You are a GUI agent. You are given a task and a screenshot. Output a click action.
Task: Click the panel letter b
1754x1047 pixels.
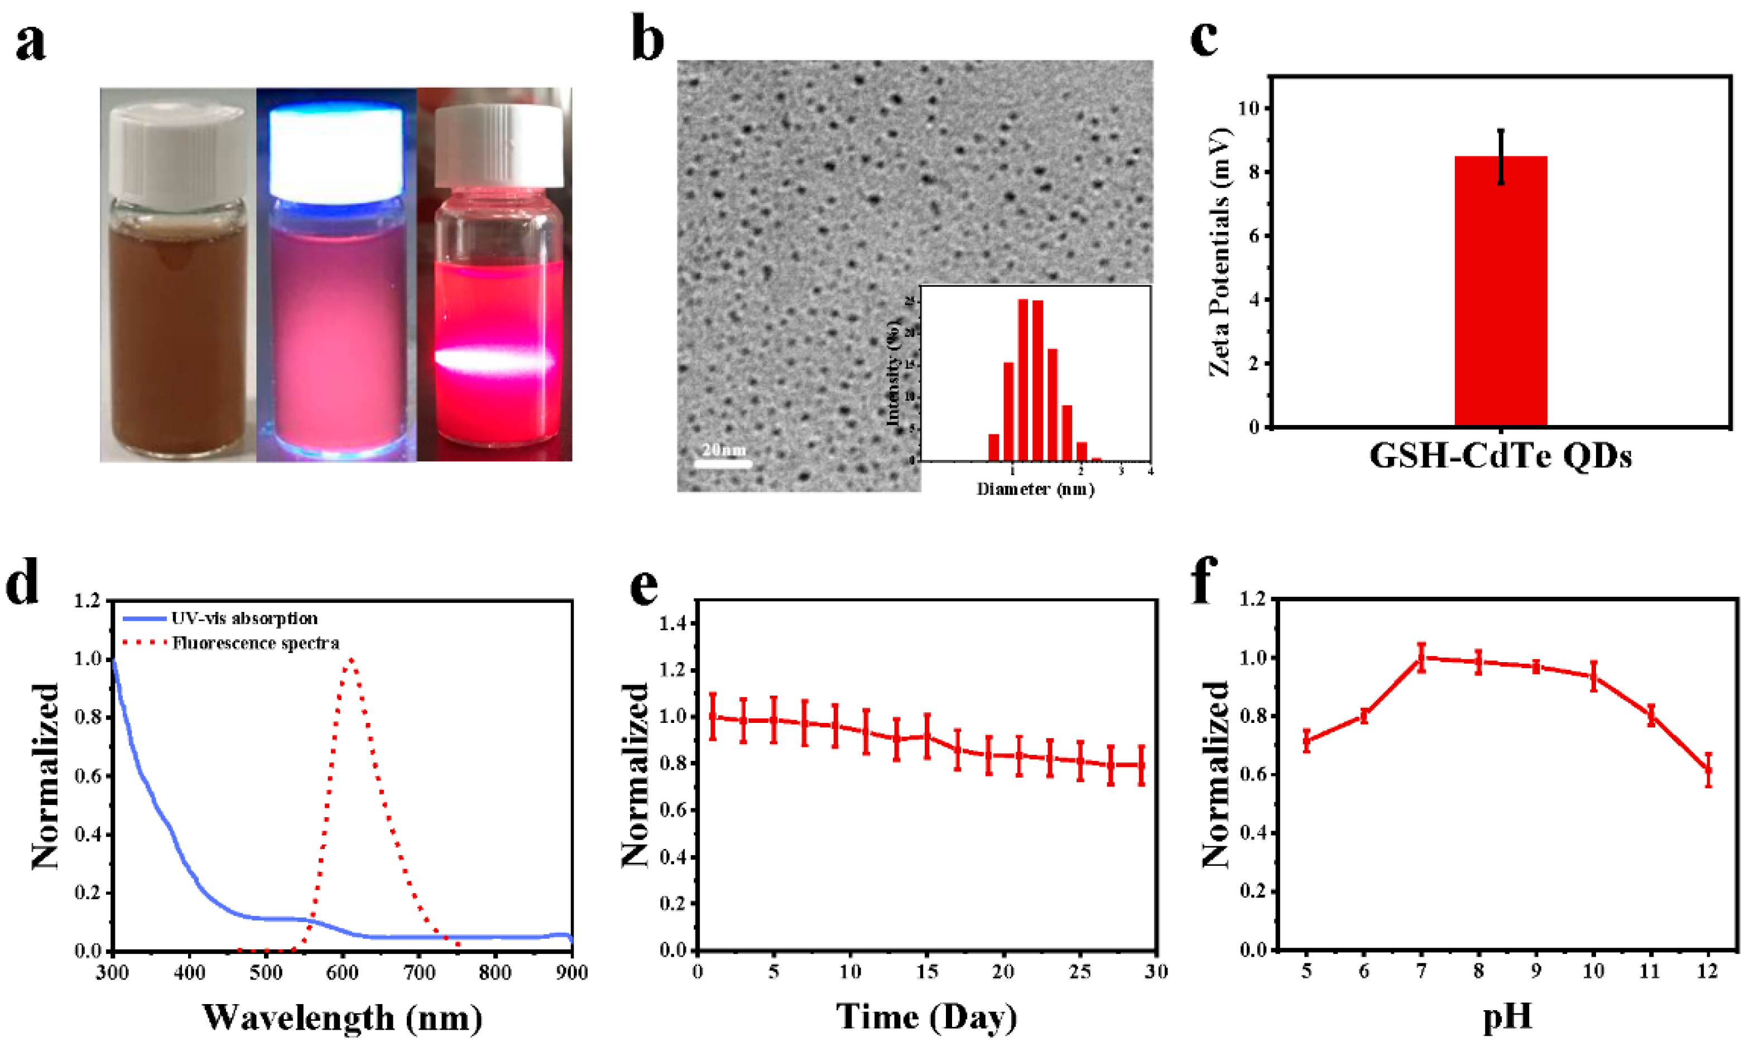pos(647,40)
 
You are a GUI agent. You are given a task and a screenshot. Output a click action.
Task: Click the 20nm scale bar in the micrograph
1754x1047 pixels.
pos(722,464)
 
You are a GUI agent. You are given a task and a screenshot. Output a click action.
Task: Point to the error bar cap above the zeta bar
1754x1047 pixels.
pos(1501,131)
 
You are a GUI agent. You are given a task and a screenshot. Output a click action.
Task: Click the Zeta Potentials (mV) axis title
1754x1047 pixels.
pos(1220,252)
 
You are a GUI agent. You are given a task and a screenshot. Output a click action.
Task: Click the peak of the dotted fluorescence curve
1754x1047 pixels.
pos(351,660)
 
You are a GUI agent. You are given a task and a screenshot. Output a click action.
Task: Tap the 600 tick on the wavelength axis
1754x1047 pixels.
pos(342,973)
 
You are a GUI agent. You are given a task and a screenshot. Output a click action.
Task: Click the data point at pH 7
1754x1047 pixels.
pos(1421,658)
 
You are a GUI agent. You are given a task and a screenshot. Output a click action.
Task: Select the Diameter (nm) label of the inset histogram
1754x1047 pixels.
pos(1035,489)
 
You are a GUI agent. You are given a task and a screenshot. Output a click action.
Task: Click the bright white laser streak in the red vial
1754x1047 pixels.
pos(494,360)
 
